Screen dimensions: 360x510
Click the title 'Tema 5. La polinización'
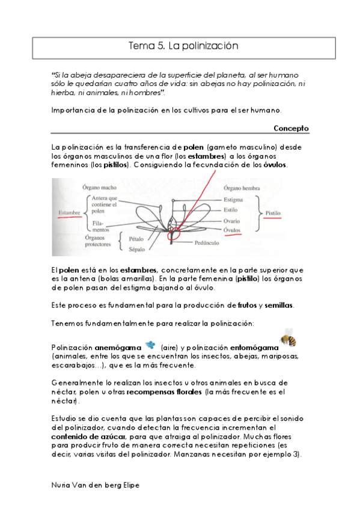(x=184, y=46)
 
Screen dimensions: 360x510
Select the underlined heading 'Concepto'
(x=291, y=128)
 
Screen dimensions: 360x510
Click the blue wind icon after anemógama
(x=150, y=345)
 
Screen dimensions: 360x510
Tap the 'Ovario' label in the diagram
(x=233, y=221)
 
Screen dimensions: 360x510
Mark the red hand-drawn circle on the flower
(x=174, y=233)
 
